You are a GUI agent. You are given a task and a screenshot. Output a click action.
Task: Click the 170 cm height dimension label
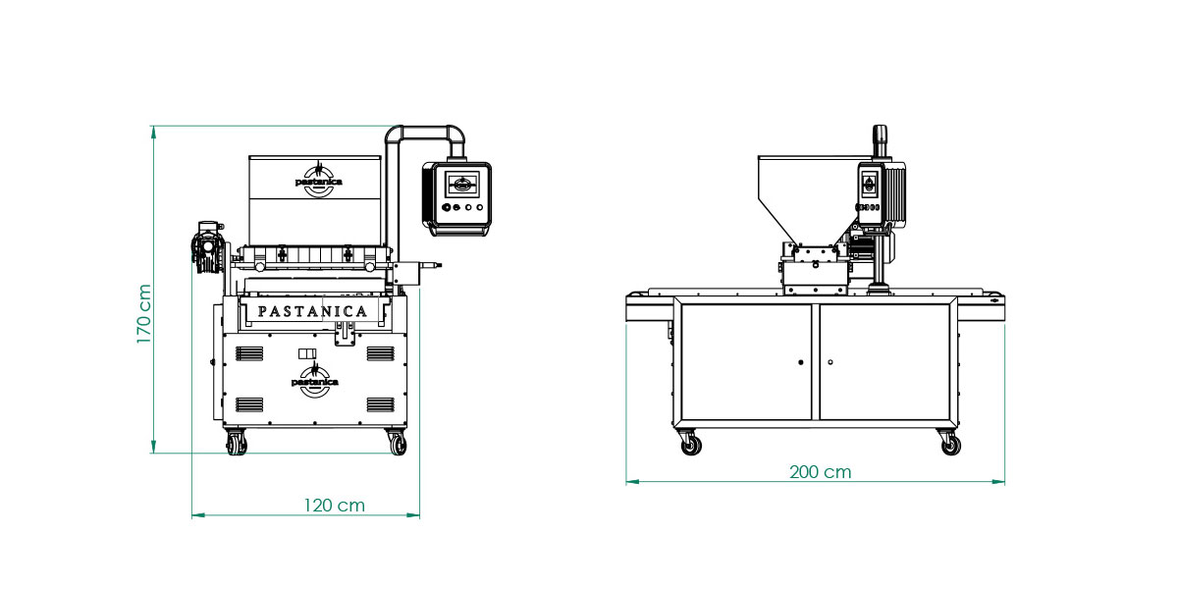[144, 314]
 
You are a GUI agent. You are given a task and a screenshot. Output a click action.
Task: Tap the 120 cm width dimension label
[335, 506]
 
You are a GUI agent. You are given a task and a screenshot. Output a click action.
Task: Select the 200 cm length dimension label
[821, 472]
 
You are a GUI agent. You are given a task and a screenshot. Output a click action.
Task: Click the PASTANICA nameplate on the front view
[312, 312]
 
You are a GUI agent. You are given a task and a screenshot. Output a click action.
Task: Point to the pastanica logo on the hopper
[319, 180]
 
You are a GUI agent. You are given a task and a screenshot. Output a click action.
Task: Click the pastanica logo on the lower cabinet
[315, 380]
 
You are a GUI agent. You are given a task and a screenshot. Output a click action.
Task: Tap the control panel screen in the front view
[462, 185]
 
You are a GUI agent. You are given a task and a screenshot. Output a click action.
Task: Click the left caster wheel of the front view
[237, 443]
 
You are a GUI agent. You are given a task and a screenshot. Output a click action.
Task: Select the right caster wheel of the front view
[397, 443]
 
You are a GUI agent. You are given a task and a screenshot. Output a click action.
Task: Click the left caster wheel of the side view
[690, 444]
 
